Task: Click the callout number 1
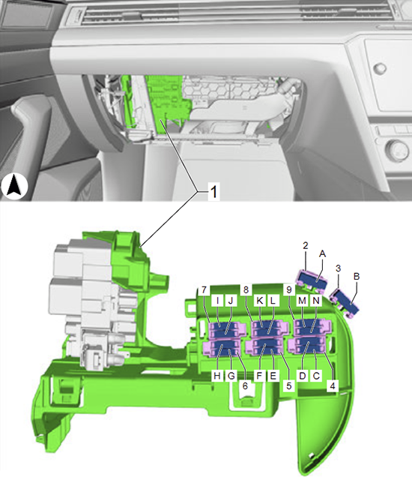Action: (213, 192)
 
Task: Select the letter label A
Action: (322, 253)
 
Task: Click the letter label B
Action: (357, 277)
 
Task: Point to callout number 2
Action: (306, 245)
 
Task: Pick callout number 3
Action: (338, 268)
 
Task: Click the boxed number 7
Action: (205, 289)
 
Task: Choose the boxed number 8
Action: (246, 289)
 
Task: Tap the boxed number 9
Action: (289, 289)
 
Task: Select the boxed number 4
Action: (333, 385)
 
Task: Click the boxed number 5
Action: (289, 385)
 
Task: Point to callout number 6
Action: (245, 386)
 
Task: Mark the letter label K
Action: (260, 301)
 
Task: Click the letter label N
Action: (316, 301)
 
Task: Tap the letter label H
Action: (217, 376)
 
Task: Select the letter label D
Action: (303, 376)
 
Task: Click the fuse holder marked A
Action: (312, 280)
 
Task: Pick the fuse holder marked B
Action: (345, 302)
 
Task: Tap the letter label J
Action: (231, 301)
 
